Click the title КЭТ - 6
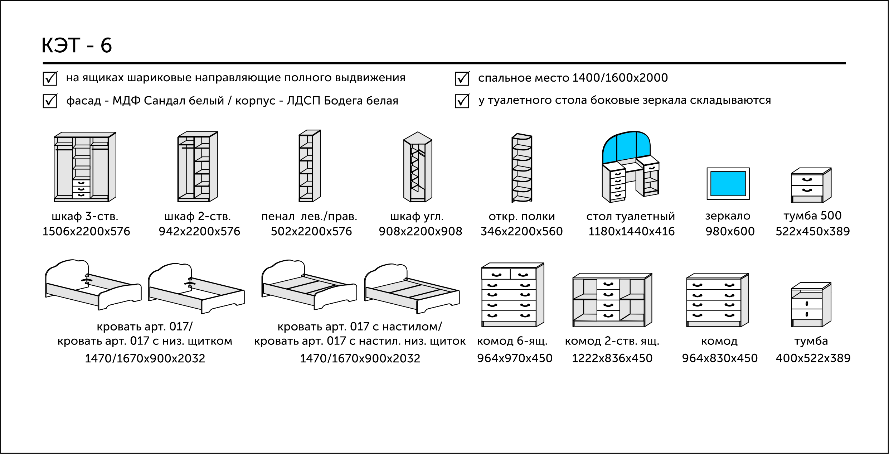tap(77, 45)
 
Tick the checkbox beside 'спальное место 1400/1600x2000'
tap(462, 78)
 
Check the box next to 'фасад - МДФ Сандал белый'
tap(50, 101)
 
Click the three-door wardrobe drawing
tap(85, 167)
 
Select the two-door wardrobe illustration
tap(198, 167)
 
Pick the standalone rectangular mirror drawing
tap(728, 184)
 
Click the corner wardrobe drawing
tap(417, 167)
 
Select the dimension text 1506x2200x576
tap(86, 232)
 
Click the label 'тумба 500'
tap(812, 216)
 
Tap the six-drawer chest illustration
tap(512, 295)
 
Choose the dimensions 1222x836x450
tap(612, 358)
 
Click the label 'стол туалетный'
tap(630, 217)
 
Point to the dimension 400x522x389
tap(813, 358)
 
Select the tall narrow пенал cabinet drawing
tap(309, 166)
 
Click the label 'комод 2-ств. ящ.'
tap(612, 341)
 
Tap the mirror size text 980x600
tap(730, 232)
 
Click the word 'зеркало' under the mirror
tap(728, 216)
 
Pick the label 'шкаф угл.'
tap(417, 217)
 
